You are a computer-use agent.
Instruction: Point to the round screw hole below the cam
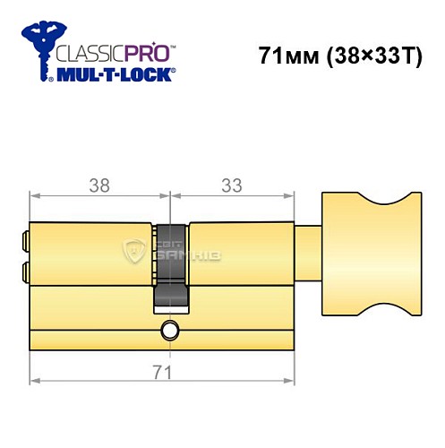pos(170,332)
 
